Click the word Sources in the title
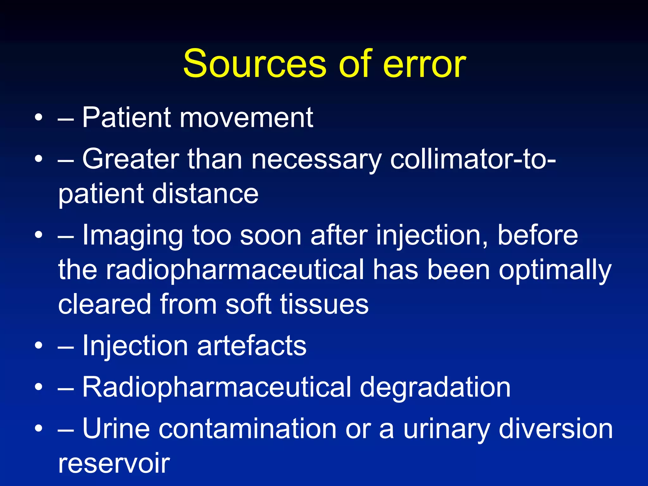[255, 64]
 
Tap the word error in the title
[424, 65]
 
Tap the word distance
[205, 194]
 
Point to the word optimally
[555, 271]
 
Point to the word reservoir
[114, 463]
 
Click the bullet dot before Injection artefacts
[39, 346]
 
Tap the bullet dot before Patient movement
[39, 118]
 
